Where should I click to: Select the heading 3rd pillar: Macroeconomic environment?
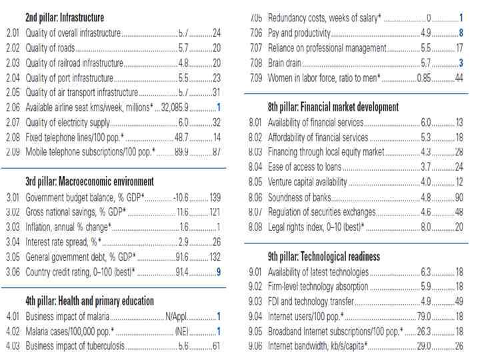click(89, 181)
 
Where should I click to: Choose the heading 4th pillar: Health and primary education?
click(89, 301)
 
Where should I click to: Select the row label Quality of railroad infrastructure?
click(74, 62)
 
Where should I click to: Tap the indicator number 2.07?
click(13, 122)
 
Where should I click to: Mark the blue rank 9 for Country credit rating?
click(218, 271)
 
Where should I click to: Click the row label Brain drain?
click(285, 63)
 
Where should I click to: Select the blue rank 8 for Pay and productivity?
click(461, 33)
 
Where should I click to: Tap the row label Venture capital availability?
click(307, 181)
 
